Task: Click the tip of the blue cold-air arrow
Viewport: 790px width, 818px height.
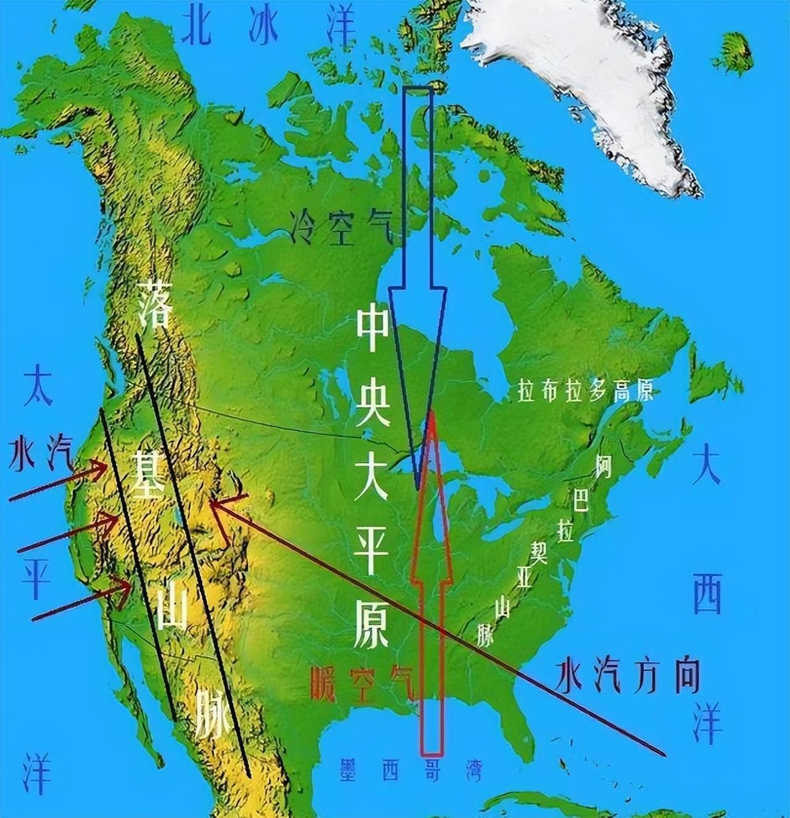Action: [418, 488]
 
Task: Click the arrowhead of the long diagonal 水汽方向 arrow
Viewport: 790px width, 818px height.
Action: [212, 503]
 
